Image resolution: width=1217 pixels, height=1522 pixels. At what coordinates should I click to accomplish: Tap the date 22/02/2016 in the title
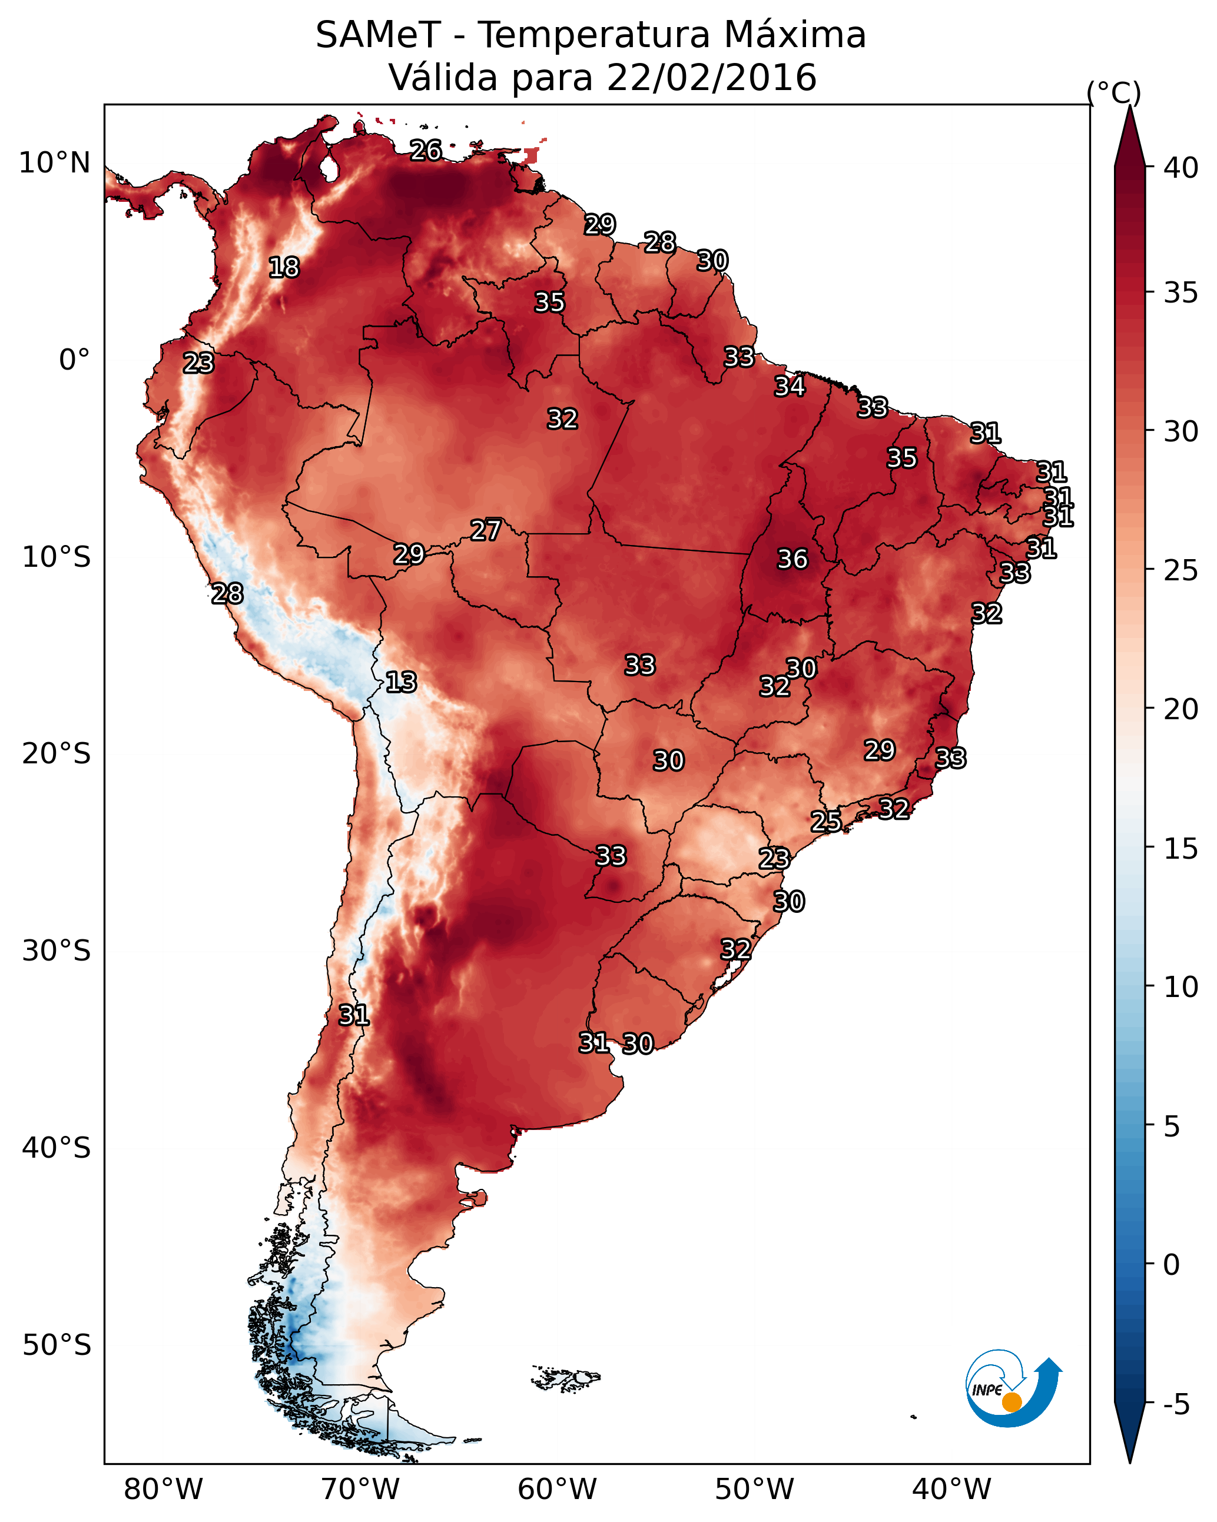711,77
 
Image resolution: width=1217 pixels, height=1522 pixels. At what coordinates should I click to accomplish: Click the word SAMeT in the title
378,35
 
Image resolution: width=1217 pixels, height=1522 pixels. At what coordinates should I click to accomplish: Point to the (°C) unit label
1114,93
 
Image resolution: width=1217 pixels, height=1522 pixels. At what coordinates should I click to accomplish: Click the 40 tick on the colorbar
1181,168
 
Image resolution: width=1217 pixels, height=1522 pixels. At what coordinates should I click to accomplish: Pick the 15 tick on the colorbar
1181,849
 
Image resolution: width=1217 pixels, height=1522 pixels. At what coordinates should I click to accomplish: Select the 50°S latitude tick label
57,1345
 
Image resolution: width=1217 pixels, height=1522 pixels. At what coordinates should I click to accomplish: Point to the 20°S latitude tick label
57,754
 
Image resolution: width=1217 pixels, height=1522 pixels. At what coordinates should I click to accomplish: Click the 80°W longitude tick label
163,1490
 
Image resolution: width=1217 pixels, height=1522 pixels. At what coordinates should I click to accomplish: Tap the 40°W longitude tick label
951,1490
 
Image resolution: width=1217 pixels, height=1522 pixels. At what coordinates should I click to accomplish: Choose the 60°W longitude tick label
558,1490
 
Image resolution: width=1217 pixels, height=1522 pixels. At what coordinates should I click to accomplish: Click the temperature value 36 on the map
792,559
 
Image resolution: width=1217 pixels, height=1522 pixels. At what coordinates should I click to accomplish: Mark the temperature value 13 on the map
401,682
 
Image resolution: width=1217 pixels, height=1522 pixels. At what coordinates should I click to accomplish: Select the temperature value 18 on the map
284,268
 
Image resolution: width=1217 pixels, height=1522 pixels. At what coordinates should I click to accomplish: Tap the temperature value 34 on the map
790,386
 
